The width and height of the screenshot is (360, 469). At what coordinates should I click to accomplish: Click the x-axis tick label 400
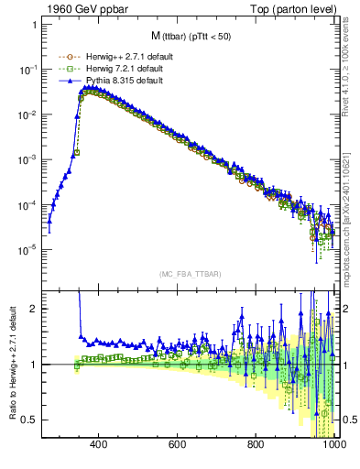coord(100,445)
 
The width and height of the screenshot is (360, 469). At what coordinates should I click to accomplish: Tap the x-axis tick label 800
coord(257,445)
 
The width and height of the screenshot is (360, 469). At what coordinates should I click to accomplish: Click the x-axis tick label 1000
coord(333,445)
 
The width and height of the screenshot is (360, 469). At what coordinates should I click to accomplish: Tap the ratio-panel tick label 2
coord(32,309)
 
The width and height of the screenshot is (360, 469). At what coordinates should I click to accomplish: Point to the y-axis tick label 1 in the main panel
coord(32,25)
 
